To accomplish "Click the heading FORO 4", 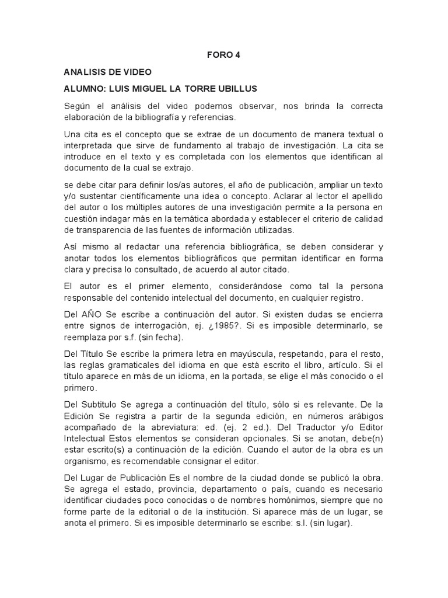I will [x=223, y=55].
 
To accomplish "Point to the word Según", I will [x=78, y=106].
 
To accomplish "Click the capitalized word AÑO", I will [x=92, y=314].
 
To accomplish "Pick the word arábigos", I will [x=365, y=415].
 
